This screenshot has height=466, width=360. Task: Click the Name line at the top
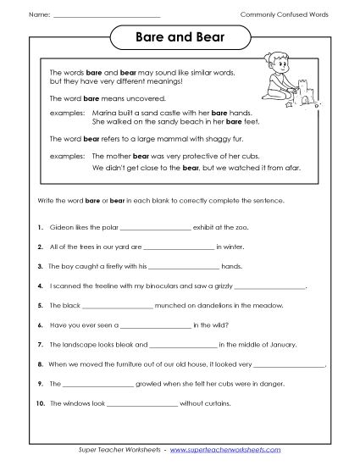106,16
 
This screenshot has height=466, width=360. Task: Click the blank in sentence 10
142,402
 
